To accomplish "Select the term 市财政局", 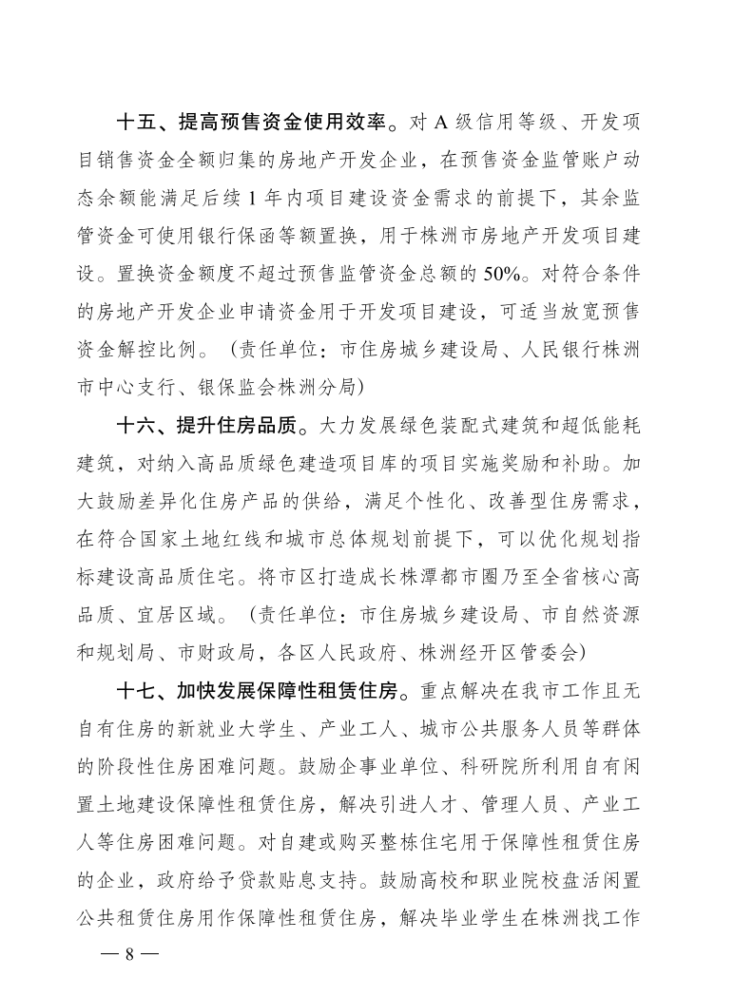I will (x=217, y=651).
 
